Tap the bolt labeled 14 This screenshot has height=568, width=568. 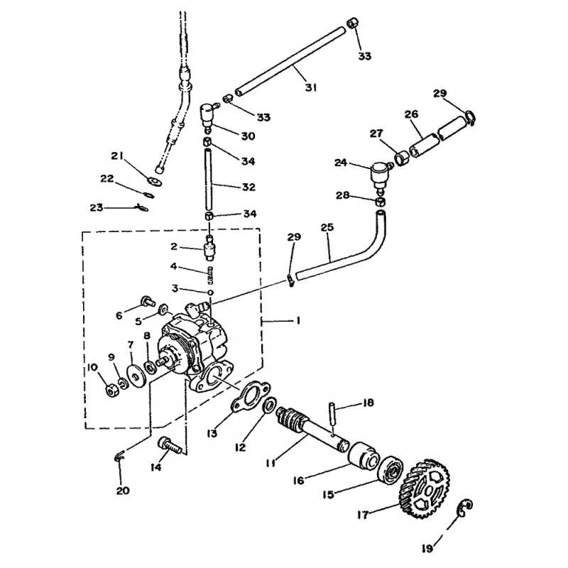pyautogui.click(x=169, y=445)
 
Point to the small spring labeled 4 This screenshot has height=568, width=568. pyautogui.click(x=209, y=275)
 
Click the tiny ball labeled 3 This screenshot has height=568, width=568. pyautogui.click(x=210, y=292)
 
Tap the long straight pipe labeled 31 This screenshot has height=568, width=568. pyautogui.click(x=290, y=60)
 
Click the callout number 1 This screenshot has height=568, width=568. pyautogui.click(x=297, y=320)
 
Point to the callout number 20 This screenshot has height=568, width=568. pyautogui.click(x=123, y=491)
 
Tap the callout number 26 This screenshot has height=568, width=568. pyautogui.click(x=412, y=114)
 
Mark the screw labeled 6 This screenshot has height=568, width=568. pyautogui.click(x=148, y=301)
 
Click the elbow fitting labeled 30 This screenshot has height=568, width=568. pyautogui.click(x=207, y=116)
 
